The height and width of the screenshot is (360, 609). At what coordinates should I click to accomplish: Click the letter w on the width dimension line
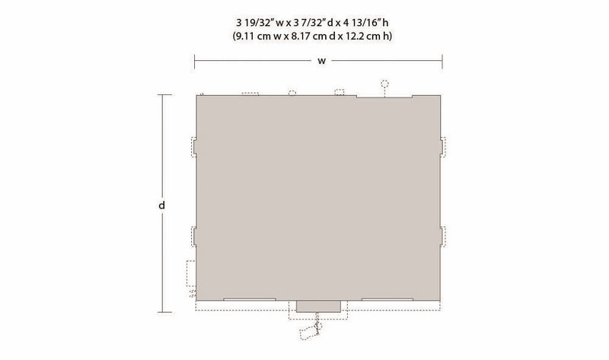[321, 61]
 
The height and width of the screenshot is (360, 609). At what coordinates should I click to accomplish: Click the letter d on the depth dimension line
[162, 205]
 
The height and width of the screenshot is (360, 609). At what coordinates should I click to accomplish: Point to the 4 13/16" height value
[362, 23]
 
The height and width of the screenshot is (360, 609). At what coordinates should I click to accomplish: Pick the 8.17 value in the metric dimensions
[300, 36]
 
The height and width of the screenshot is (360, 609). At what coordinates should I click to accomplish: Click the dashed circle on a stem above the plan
[384, 84]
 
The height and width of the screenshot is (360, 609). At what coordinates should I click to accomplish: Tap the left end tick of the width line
[195, 61]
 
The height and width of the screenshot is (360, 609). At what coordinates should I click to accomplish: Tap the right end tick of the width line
[442, 61]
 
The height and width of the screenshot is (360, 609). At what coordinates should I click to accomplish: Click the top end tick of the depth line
[164, 95]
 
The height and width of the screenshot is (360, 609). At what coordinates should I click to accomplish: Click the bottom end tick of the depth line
[164, 312]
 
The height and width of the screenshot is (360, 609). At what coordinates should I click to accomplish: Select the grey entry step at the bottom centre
[318, 306]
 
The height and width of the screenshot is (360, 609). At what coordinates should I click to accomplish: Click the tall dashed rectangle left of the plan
[191, 273]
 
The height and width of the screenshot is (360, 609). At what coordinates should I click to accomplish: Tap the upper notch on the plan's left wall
[194, 147]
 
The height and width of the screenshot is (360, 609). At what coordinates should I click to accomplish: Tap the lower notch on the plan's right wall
[442, 236]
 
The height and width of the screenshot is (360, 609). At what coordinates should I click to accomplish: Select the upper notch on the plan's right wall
[442, 147]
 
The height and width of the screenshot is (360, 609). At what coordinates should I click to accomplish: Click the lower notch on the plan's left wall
[194, 236]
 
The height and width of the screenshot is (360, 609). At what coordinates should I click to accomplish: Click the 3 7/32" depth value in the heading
[311, 23]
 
